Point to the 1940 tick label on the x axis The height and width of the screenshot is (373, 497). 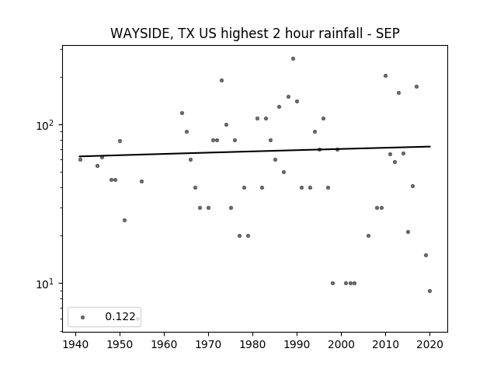[x=76, y=344]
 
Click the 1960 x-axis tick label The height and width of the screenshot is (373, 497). [x=164, y=344]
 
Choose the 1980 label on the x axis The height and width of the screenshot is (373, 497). [x=252, y=344]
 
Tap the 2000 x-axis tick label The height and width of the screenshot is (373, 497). [x=342, y=344]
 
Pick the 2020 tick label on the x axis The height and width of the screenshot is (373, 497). [x=429, y=344]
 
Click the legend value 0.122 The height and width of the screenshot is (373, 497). [x=120, y=316]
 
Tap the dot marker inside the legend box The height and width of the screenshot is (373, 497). [x=83, y=317]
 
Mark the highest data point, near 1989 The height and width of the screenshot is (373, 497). [x=294, y=59]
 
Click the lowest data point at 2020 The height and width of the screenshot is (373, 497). [x=429, y=291]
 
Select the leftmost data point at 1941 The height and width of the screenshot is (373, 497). [x=80, y=159]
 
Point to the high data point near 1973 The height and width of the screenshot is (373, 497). [x=221, y=80]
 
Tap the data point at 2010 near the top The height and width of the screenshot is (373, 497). [x=385, y=76]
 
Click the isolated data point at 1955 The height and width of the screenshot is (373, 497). [x=141, y=181]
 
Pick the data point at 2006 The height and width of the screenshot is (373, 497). [x=368, y=235]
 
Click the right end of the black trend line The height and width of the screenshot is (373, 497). [x=430, y=146]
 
